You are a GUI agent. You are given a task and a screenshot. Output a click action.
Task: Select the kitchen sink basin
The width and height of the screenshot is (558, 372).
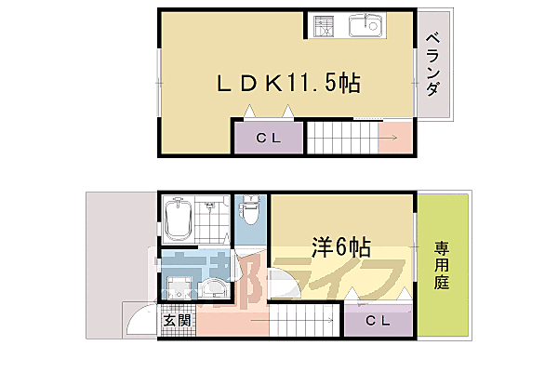tap(366, 26)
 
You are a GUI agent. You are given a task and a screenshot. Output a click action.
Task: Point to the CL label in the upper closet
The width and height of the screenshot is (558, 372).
tap(267, 139)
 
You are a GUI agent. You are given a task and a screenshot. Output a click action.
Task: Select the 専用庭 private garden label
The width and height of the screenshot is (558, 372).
tap(442, 264)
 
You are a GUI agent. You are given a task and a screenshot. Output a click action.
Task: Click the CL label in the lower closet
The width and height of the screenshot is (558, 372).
tap(377, 321)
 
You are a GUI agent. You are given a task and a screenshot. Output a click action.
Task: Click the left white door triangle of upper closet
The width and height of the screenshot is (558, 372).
tap(249, 113)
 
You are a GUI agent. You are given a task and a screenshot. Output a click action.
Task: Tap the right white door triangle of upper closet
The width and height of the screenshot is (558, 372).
tap(288, 113)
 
